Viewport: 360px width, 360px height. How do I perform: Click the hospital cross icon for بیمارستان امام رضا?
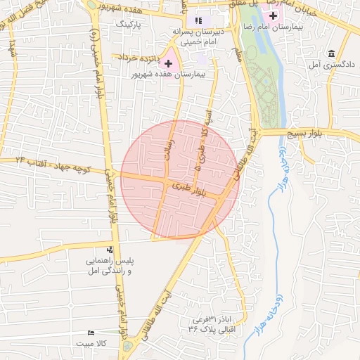pyautogui.click(x=273, y=15)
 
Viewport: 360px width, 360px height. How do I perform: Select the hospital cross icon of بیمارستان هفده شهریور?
pyautogui.click(x=168, y=63)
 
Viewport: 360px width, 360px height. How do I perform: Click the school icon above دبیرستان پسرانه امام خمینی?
pyautogui.click(x=198, y=21)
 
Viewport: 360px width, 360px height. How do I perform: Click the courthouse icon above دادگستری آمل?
pyautogui.click(x=331, y=53)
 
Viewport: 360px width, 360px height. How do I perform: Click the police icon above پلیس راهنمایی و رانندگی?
pyautogui.click(x=110, y=250)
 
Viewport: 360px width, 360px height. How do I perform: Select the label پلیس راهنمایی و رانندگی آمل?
pyautogui.click(x=108, y=266)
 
